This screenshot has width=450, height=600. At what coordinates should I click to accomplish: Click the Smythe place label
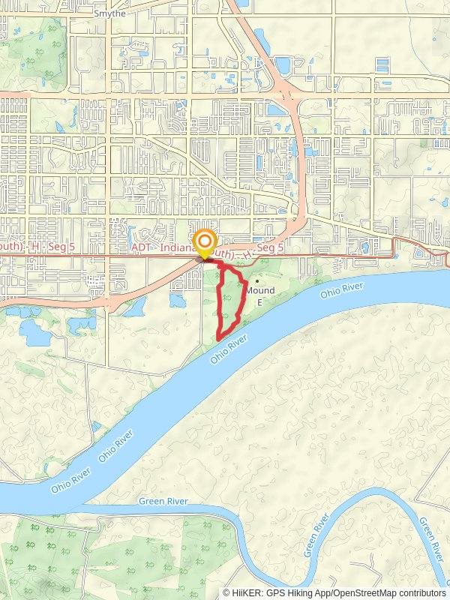[109, 13]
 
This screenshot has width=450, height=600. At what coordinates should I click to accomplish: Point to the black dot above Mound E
[257, 282]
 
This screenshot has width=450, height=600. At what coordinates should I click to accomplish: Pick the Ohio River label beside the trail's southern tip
[229, 350]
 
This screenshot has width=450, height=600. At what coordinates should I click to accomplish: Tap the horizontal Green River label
[163, 501]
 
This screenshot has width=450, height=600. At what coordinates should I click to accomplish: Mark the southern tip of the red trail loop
[218, 340]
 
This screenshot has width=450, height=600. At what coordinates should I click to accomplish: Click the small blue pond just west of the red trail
[178, 301]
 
